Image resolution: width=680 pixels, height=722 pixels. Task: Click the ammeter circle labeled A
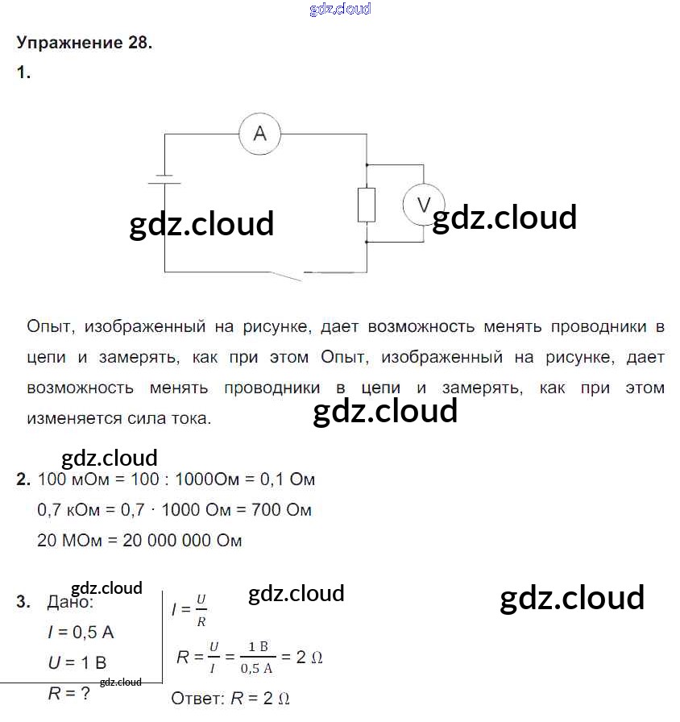coord(259,134)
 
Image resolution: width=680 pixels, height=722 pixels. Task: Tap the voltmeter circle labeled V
coord(424,204)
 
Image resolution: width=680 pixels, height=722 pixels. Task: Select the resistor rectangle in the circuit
coord(367,204)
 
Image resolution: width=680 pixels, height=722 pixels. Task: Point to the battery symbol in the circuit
coord(164,179)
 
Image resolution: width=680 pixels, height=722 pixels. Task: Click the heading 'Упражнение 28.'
coord(84,44)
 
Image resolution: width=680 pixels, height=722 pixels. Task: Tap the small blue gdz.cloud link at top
coord(340,10)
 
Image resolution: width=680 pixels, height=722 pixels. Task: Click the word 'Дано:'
coord(70,602)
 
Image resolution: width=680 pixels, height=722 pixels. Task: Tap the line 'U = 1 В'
coord(77,663)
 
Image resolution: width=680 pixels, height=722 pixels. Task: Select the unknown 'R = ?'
coord(68,693)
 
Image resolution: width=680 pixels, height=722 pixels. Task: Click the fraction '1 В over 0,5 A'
coord(257,657)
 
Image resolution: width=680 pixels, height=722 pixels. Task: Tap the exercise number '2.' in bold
coord(23,479)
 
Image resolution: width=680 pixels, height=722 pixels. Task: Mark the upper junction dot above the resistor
coord(367,164)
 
